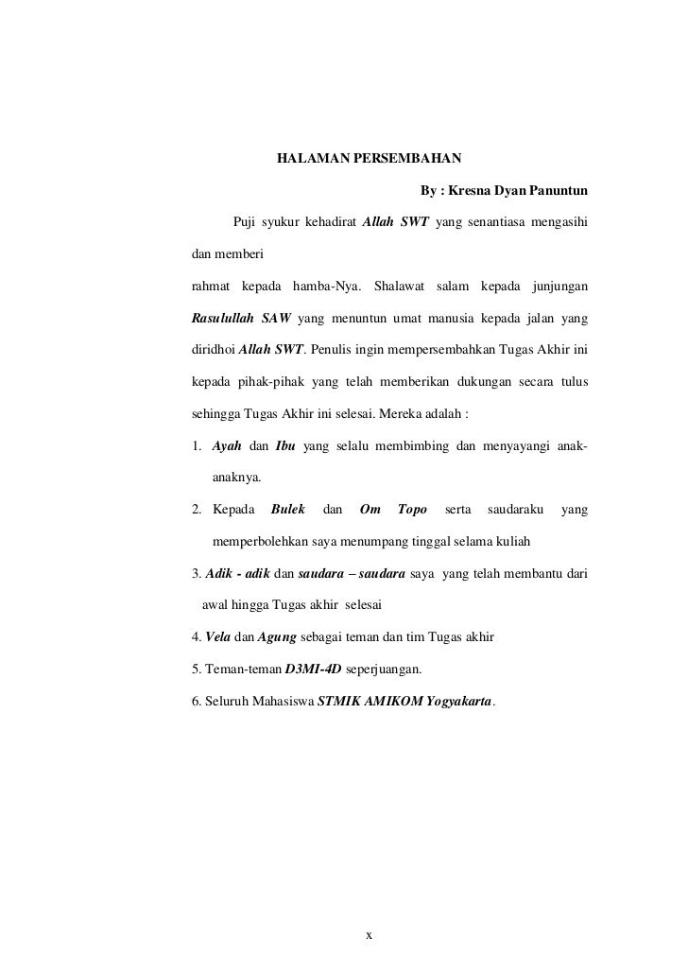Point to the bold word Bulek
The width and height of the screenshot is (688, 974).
[x=287, y=512]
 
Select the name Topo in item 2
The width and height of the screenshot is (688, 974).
[x=412, y=512]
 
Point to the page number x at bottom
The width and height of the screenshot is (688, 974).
[x=370, y=935]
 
